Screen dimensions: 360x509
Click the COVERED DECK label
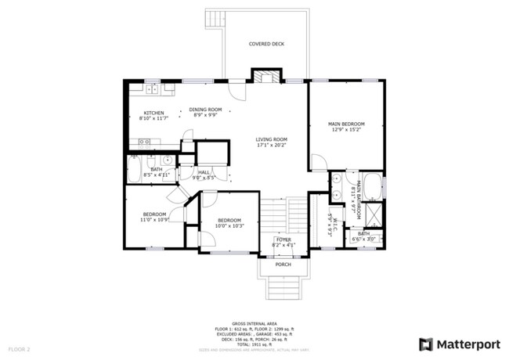tap(266, 44)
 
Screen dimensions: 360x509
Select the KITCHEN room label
tap(153, 113)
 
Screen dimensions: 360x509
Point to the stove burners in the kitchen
tap(144, 142)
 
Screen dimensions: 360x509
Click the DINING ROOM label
tap(205, 110)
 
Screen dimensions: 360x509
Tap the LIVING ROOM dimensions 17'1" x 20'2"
tap(272, 145)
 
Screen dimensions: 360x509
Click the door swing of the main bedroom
tap(319, 162)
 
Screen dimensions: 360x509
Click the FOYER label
tap(283, 239)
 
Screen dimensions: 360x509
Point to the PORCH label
tap(283, 265)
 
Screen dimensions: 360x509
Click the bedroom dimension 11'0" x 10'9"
tap(155, 220)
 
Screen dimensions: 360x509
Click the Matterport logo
tap(459, 344)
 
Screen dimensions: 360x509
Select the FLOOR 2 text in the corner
tap(20, 348)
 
